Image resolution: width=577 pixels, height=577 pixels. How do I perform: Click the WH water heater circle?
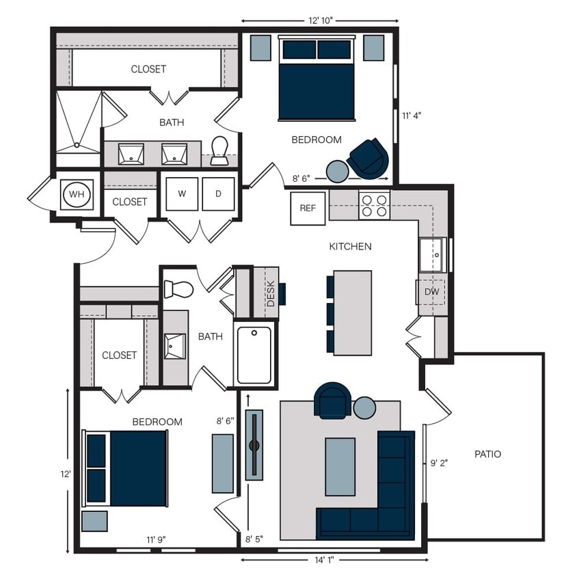point(77,195)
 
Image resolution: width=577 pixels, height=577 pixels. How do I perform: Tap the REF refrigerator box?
point(308,209)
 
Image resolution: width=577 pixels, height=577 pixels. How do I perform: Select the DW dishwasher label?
point(431,292)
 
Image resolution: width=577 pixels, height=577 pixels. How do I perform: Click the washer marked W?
point(182,194)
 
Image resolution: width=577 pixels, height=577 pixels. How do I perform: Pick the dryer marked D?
point(218,194)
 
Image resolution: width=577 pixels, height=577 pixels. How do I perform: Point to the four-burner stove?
point(374,206)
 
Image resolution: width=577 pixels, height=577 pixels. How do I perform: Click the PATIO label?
point(487,454)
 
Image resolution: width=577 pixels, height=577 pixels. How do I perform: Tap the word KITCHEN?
point(350,246)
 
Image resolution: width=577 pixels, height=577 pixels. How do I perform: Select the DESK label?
point(271,294)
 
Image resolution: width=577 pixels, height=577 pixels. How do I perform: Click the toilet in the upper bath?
point(219,151)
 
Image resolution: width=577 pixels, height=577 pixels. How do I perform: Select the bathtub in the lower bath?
point(254,355)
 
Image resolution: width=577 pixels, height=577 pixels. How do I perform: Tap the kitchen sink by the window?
point(432,255)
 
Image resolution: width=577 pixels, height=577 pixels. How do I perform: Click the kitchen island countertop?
point(353,312)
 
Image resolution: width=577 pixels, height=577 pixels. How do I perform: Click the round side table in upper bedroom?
point(338,171)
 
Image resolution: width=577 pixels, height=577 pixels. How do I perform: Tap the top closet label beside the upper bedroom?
point(148,69)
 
